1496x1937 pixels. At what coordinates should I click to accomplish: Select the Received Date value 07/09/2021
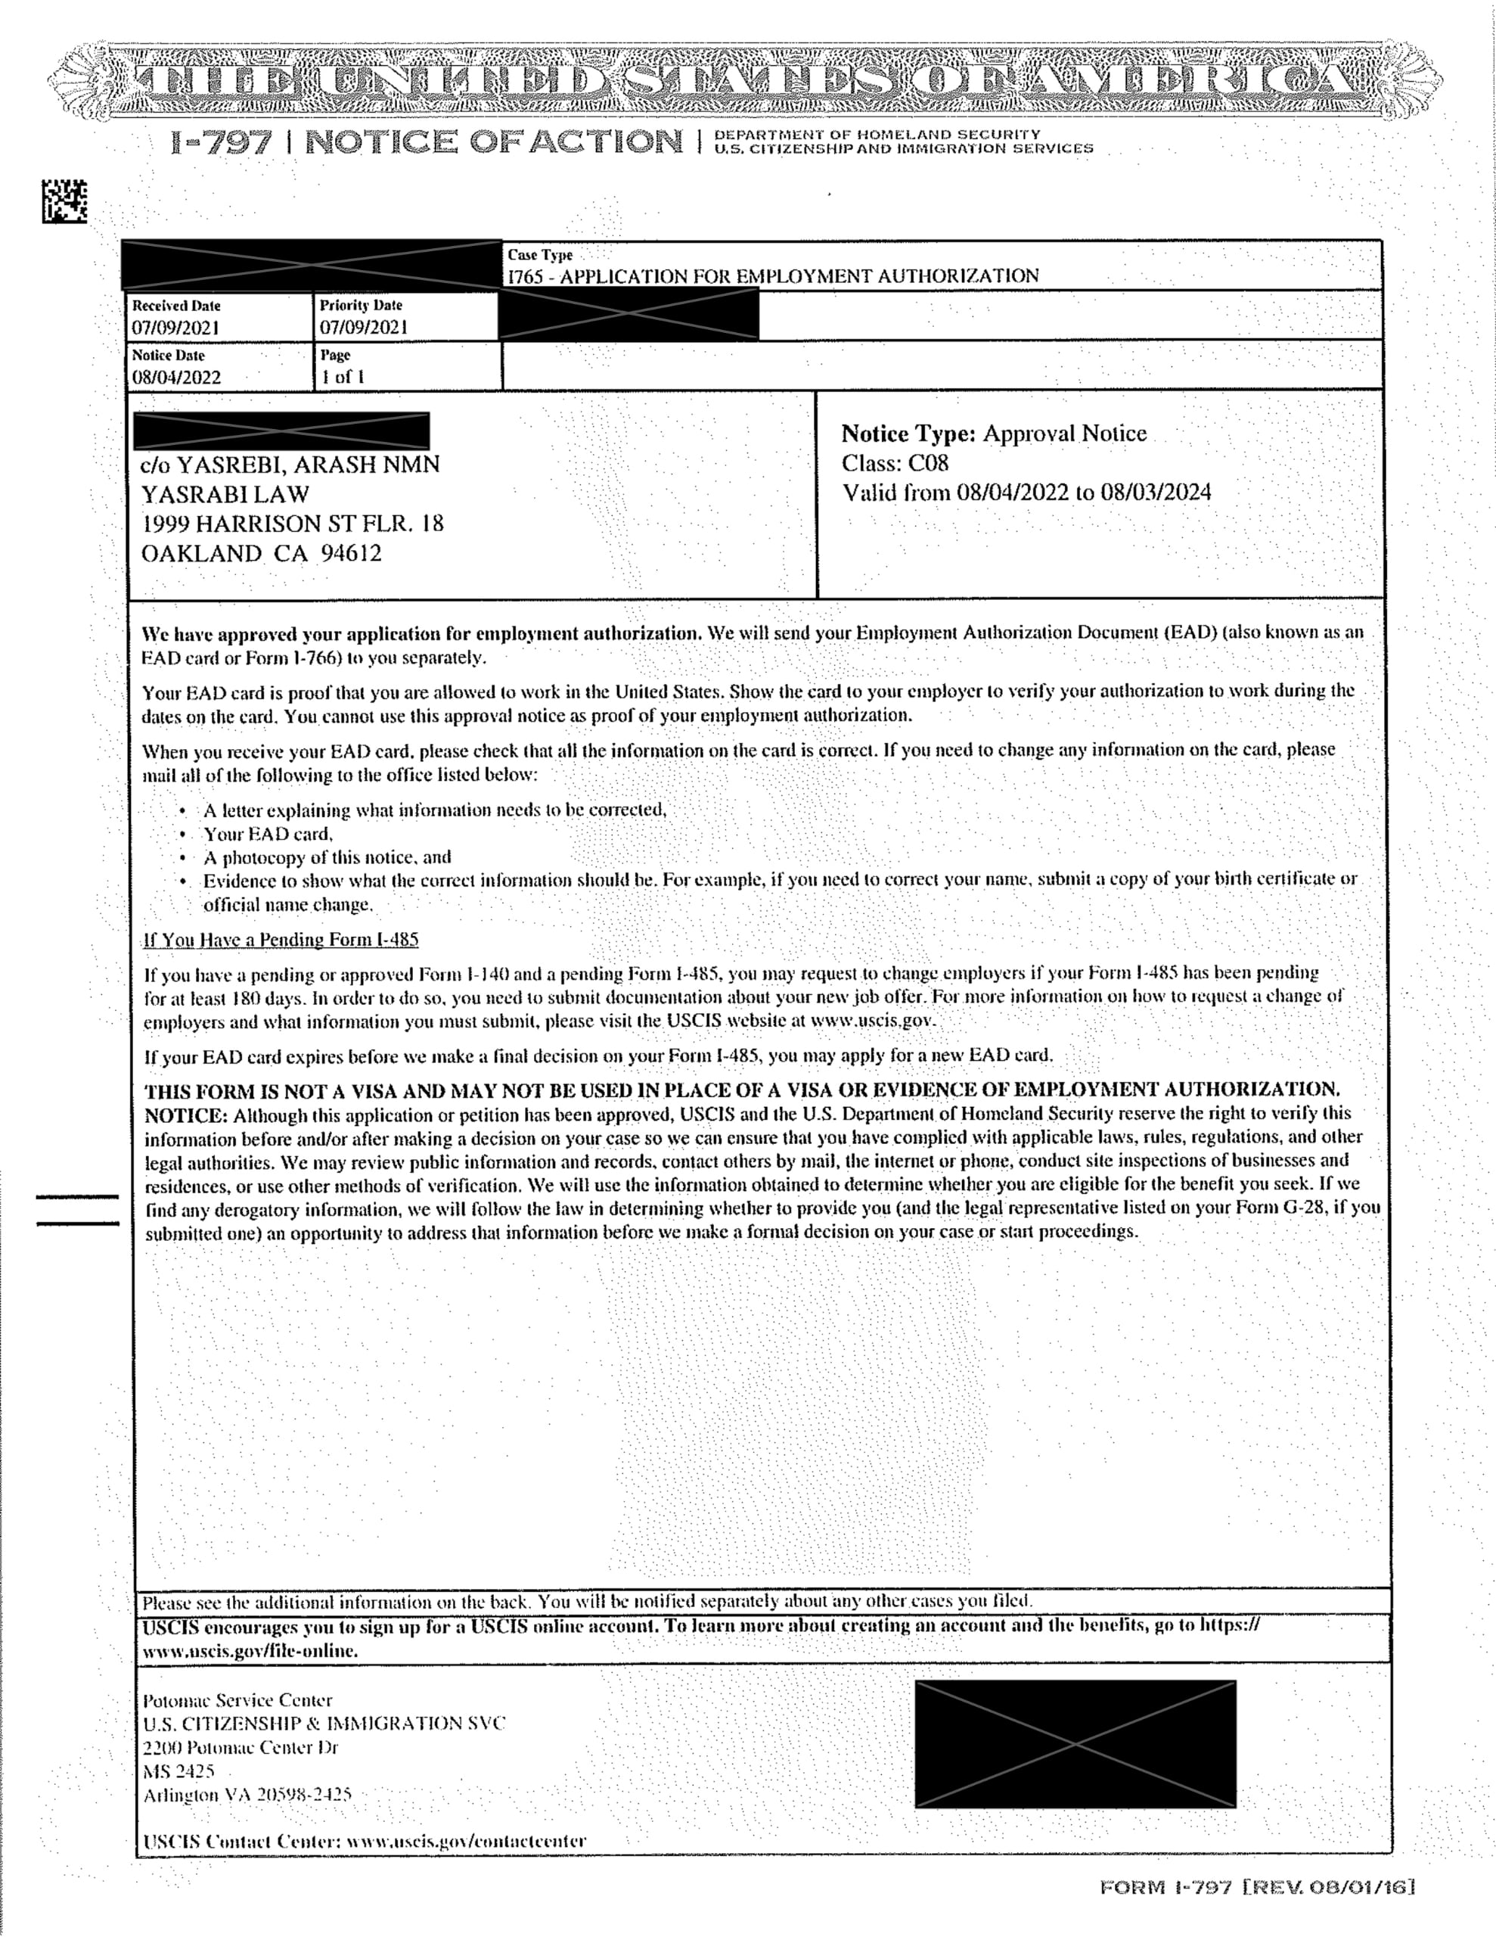click(175, 328)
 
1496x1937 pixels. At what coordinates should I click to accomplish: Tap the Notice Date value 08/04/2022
click(176, 377)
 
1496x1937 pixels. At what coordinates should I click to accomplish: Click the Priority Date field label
click(361, 305)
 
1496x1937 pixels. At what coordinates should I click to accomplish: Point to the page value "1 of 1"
click(343, 377)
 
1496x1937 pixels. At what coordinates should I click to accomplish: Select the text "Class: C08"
click(895, 463)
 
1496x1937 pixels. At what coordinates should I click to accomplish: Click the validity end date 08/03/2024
click(1156, 493)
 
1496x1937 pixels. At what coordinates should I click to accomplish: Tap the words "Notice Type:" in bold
click(908, 434)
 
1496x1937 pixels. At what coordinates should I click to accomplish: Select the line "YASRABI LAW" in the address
click(225, 494)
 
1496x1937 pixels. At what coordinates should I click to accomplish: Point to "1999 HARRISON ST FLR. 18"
click(293, 524)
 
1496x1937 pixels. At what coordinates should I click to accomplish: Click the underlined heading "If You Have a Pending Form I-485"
click(281, 939)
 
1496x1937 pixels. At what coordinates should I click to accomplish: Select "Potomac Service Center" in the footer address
click(237, 1700)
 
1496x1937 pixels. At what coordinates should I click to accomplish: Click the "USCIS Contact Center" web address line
click(365, 1840)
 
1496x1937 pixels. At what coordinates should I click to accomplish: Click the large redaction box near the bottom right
click(1075, 1743)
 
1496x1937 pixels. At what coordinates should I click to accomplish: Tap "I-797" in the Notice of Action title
click(222, 142)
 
